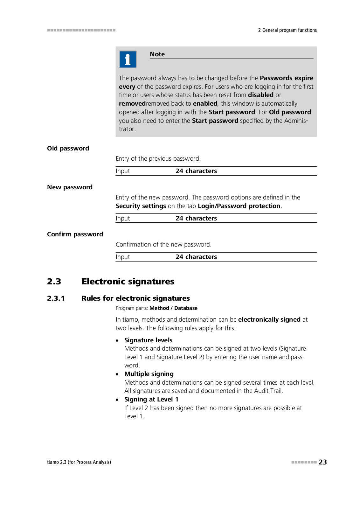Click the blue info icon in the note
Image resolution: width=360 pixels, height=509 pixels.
click(128, 59)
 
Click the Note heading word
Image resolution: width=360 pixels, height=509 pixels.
click(157, 54)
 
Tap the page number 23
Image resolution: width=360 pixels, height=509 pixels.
click(323, 462)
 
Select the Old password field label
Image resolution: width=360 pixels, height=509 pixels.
click(68, 148)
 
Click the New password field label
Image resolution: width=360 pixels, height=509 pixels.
click(70, 187)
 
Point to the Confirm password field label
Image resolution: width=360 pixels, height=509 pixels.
click(75, 234)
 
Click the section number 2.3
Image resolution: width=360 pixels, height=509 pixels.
click(54, 281)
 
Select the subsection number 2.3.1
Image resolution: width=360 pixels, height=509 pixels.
click(56, 298)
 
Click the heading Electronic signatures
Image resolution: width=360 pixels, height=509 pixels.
click(128, 281)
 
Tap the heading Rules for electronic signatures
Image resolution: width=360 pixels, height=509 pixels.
click(135, 298)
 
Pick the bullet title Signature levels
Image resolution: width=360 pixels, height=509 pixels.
click(148, 340)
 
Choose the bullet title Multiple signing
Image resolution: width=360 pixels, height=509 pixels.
click(149, 374)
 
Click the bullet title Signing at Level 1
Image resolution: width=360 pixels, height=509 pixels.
click(151, 399)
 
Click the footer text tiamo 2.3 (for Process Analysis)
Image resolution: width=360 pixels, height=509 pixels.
click(79, 462)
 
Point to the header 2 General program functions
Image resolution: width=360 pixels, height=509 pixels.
click(287, 30)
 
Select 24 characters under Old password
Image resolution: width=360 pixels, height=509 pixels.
click(196, 171)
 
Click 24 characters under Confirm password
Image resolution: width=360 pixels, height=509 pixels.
click(196, 257)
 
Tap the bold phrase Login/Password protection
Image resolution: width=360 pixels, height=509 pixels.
click(239, 206)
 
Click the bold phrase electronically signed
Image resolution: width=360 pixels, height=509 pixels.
click(269, 319)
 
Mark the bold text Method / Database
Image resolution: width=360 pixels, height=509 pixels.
click(173, 308)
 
